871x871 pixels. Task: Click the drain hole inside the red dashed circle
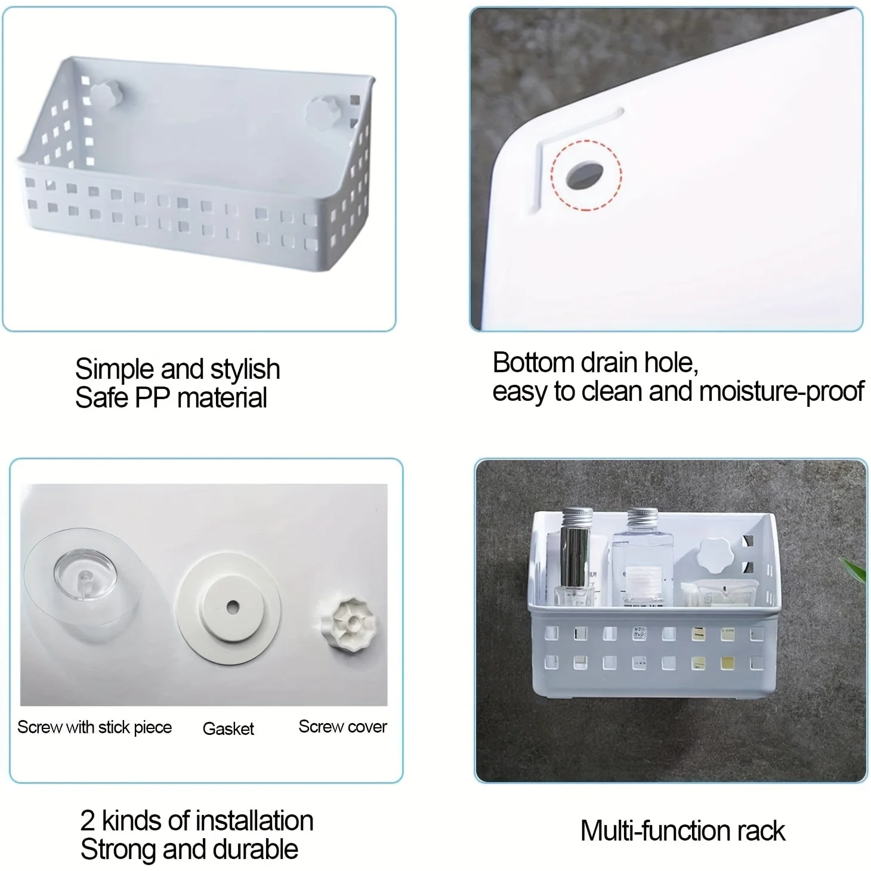[585, 175]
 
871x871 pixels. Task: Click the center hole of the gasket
[233, 607]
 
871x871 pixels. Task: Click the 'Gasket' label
[228, 728]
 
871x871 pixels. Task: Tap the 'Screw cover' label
[342, 727]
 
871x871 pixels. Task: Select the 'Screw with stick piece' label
[94, 727]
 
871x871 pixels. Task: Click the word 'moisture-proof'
[782, 391]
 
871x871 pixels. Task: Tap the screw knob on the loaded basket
[715, 555]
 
